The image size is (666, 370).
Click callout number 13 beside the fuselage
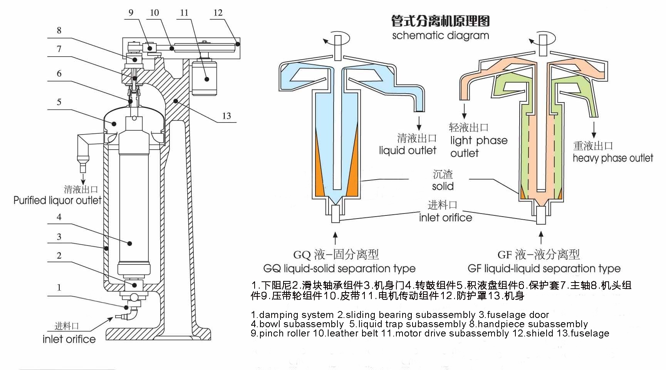tap(226, 116)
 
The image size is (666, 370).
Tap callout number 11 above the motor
tap(184, 13)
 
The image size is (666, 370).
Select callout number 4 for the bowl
tap(59, 217)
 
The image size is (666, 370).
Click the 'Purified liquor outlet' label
tap(57, 200)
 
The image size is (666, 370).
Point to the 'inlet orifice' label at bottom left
tap(69, 339)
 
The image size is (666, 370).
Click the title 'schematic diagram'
tap(440, 36)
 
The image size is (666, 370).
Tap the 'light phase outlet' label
tap(478, 146)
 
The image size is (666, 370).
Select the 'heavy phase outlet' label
tap(613, 158)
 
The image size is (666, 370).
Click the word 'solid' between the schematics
tap(443, 187)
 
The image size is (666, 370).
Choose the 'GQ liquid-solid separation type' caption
tap(339, 269)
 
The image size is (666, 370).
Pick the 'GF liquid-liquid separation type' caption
tap(544, 269)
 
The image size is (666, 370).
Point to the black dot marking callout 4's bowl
tap(130, 244)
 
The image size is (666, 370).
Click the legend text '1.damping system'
tap(292, 315)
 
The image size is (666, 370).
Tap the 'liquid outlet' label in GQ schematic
tap(408, 151)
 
